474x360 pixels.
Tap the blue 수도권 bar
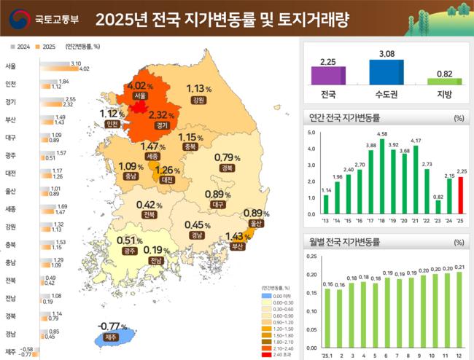(386, 72)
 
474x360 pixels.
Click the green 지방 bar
(444, 81)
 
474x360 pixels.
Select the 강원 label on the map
(196, 100)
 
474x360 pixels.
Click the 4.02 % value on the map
(141, 85)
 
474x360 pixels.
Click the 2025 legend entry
(46, 47)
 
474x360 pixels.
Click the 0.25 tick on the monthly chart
(312, 256)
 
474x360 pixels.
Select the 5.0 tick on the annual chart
(311, 133)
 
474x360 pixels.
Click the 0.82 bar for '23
(438, 207)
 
